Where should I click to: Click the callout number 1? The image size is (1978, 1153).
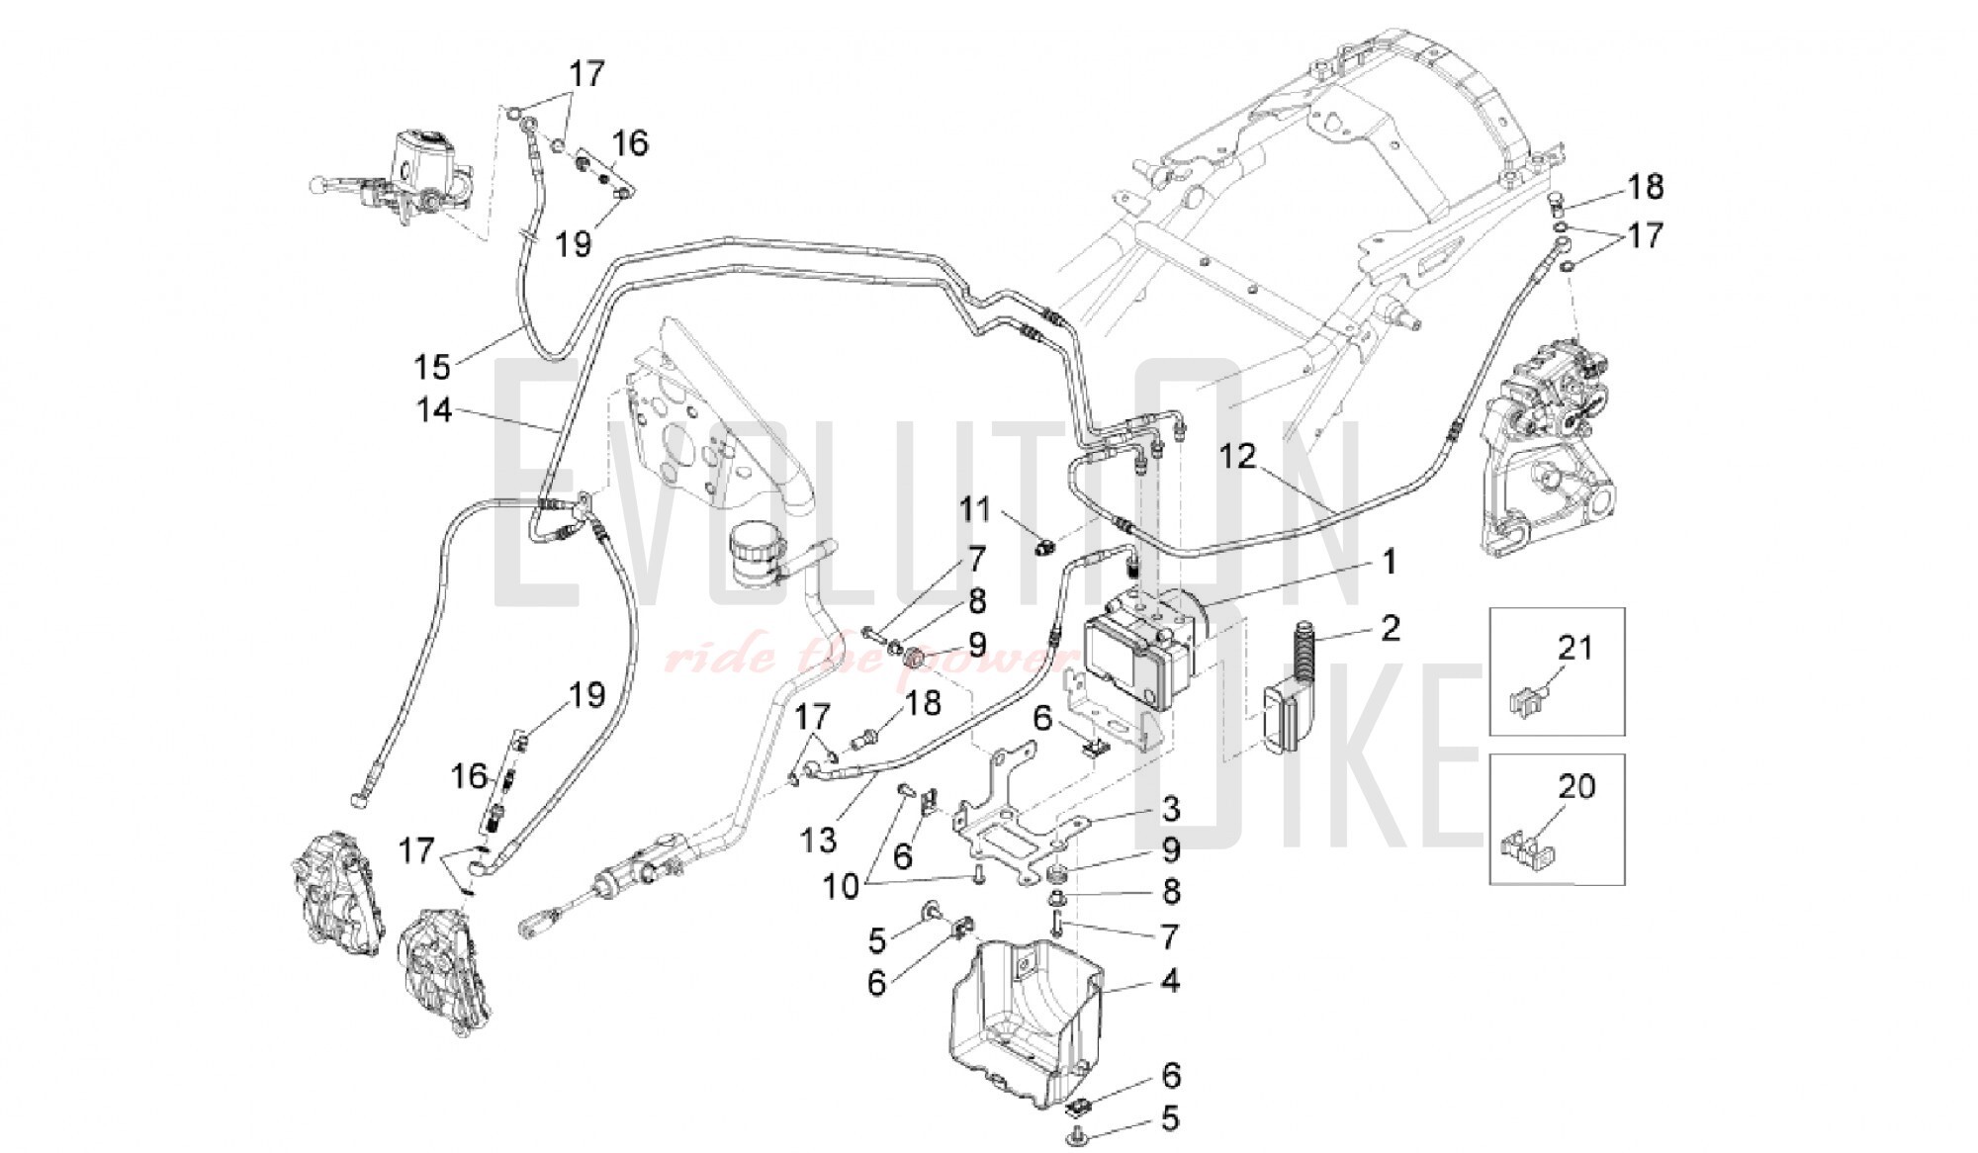pyautogui.click(x=1389, y=563)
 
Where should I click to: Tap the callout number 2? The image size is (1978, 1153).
pyautogui.click(x=1391, y=627)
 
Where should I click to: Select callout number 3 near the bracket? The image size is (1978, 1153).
pyautogui.click(x=1171, y=808)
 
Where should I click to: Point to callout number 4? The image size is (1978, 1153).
pyautogui.click(x=1171, y=981)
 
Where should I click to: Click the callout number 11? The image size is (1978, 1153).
pyautogui.click(x=975, y=510)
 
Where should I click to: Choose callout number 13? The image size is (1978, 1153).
pyautogui.click(x=820, y=840)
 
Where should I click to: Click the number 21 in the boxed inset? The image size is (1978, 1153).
pyautogui.click(x=1575, y=648)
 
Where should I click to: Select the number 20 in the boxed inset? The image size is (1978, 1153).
pyautogui.click(x=1576, y=786)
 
